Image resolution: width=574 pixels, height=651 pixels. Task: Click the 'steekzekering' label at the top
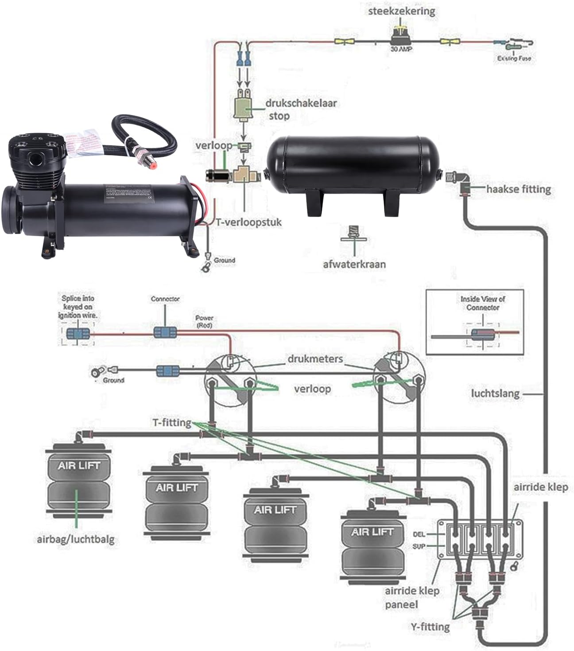(x=402, y=11)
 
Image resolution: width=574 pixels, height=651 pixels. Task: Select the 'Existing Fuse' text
(x=514, y=58)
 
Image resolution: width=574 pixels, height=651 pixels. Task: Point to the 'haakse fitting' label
(x=519, y=189)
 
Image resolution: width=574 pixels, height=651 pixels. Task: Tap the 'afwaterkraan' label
(x=354, y=264)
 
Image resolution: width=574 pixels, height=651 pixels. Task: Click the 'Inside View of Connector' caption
(x=482, y=303)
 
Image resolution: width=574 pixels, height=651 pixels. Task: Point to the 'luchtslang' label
(x=495, y=393)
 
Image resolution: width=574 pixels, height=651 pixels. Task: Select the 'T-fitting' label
(x=171, y=422)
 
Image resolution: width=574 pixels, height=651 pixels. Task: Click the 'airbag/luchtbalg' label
(x=75, y=539)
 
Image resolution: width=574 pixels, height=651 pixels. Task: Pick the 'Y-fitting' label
(x=429, y=627)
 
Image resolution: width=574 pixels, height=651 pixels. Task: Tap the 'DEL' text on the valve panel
(x=419, y=534)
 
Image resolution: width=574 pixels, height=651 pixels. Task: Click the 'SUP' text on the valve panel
(x=419, y=546)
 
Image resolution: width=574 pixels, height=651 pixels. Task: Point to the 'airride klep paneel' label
(x=412, y=597)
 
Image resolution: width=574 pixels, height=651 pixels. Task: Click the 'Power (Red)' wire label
(x=204, y=321)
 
